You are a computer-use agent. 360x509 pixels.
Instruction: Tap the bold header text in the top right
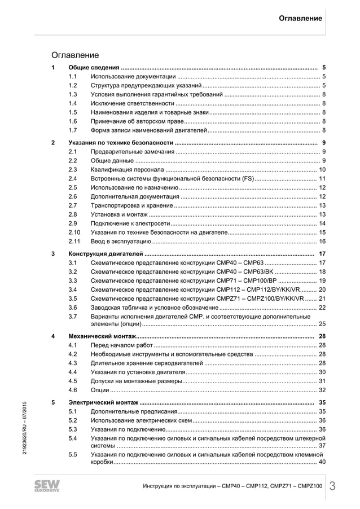(300, 18)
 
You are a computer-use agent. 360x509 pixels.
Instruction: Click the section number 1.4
(73, 103)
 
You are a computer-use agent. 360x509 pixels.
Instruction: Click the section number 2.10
(74, 232)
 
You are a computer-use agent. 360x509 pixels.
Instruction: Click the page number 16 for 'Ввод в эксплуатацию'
(322, 241)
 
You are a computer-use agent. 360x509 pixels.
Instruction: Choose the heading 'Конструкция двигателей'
(106, 253)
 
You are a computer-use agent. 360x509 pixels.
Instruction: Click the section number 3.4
(73, 289)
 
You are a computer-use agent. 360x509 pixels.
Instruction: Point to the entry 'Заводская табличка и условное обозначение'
(155, 308)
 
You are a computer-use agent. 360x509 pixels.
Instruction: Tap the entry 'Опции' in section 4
(100, 390)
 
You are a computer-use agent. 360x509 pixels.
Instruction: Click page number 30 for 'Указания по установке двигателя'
(322, 372)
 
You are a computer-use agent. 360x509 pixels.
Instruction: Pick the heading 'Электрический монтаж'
(103, 402)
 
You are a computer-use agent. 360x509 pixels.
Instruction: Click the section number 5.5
(73, 454)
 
